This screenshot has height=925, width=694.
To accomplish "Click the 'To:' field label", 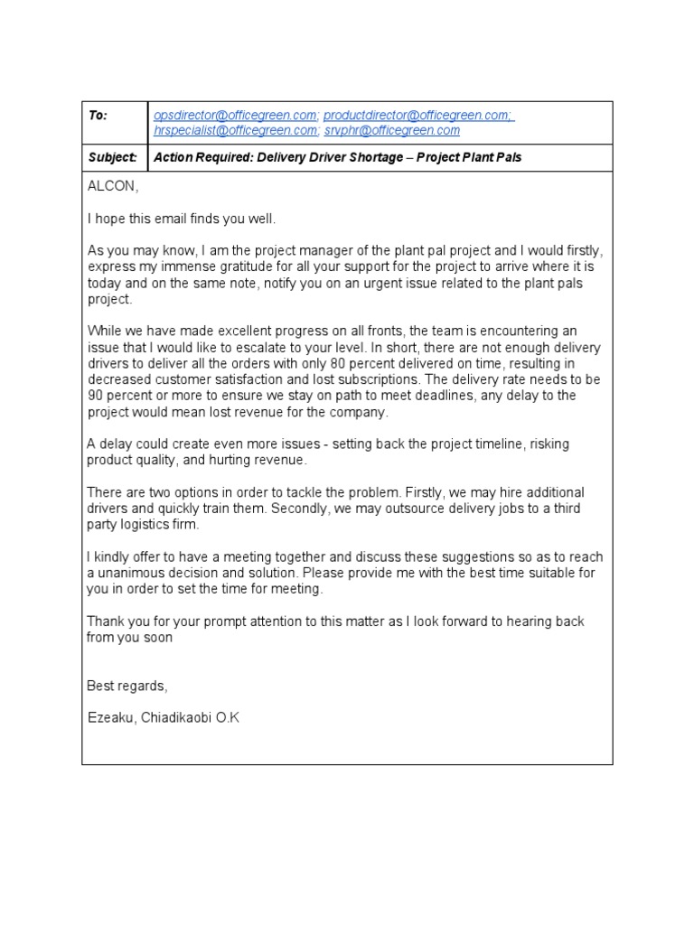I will click(98, 116).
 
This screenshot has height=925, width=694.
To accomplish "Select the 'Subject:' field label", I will click(112, 157).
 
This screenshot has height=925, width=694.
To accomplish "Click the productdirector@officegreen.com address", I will click(418, 116).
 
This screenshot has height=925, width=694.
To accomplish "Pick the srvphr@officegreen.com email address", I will click(392, 130).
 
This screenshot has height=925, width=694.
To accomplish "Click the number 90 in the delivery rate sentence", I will click(95, 397).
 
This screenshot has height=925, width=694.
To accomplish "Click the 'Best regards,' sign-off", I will click(127, 686).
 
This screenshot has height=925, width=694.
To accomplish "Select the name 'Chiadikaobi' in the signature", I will click(174, 717).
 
